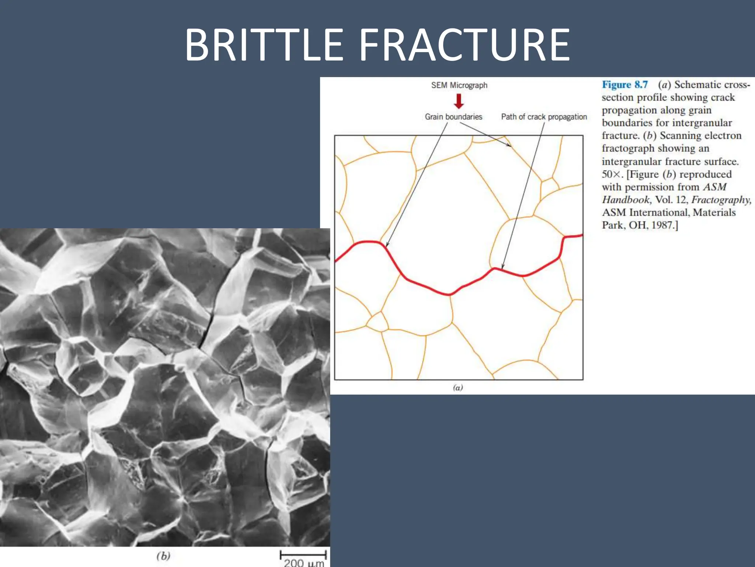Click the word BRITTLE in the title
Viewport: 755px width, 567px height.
click(x=264, y=45)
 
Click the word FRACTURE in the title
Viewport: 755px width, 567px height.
click(x=465, y=45)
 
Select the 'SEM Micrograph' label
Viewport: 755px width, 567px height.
click(x=459, y=85)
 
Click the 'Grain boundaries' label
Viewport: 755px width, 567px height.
click(x=453, y=117)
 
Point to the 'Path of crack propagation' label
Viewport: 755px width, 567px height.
click(x=544, y=117)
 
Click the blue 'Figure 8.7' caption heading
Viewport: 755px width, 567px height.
click(x=624, y=85)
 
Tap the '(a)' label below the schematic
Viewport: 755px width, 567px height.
click(x=457, y=387)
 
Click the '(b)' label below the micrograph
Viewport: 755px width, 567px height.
click(x=163, y=556)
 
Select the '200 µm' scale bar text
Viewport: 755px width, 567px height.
click(x=304, y=563)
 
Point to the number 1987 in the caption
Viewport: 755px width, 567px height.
click(x=662, y=225)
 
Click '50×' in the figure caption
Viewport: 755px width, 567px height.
click(x=612, y=174)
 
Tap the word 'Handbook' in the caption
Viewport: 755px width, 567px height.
click(x=626, y=200)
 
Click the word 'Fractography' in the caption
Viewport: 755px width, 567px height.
click(x=720, y=200)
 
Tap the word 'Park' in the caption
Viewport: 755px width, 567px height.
click(x=612, y=225)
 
